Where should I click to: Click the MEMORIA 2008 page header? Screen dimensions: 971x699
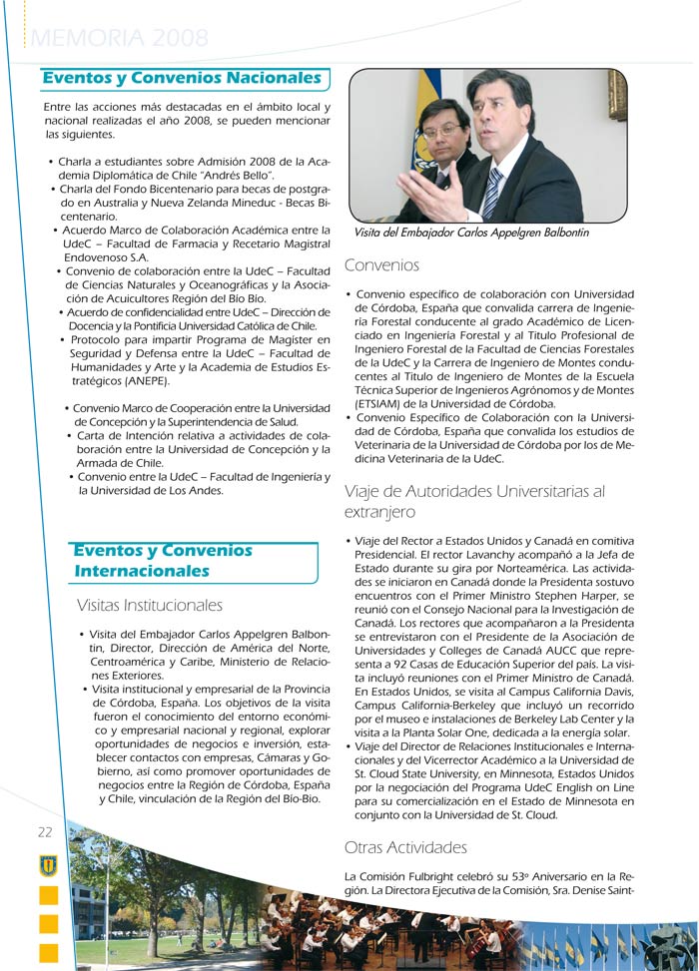121,39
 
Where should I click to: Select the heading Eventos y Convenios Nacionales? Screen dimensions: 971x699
182,78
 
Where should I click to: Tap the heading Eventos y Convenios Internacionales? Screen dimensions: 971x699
163,561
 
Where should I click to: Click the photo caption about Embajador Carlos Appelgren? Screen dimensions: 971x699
471,233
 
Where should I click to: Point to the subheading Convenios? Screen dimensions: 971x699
381,265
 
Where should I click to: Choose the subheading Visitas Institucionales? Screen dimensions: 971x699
150,605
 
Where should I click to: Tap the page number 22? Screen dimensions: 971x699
45,832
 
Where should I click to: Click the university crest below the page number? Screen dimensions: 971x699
47,864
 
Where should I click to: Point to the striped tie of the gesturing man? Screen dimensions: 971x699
493,193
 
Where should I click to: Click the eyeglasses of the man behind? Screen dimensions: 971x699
439,130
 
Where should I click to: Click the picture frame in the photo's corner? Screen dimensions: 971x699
616,95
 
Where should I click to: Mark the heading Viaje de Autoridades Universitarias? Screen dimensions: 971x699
474,501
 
